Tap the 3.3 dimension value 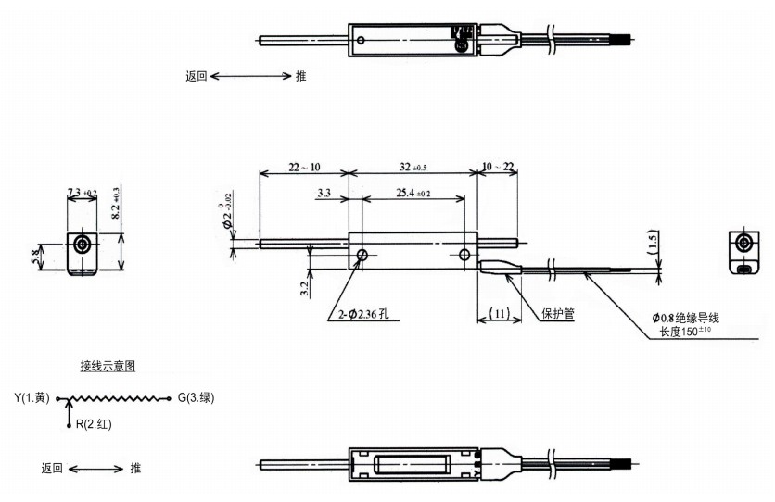click(324, 193)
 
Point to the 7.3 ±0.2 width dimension click(83, 193)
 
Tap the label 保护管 click(557, 314)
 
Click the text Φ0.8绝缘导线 click(686, 319)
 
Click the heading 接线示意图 click(108, 366)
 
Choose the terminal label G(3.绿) click(195, 398)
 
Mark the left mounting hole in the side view click(362, 254)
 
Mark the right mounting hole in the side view click(464, 254)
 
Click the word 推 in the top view click(300, 76)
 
